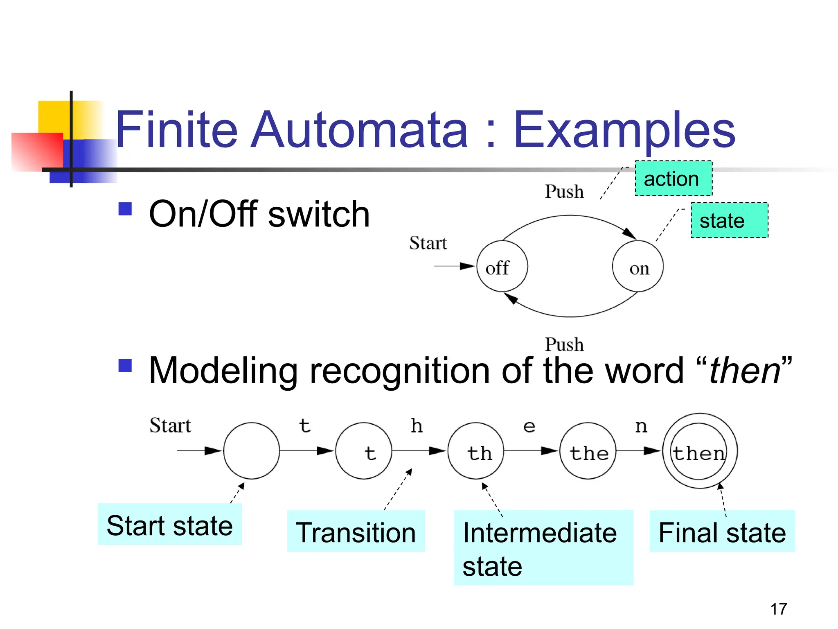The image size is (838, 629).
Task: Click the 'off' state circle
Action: (x=502, y=266)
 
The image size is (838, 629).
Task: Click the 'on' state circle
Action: (x=638, y=266)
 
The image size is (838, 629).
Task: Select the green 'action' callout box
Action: (x=674, y=179)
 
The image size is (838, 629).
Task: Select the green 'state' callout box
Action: (x=729, y=220)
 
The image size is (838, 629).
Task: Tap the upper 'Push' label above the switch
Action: (x=564, y=192)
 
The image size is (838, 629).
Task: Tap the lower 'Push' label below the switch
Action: (x=564, y=344)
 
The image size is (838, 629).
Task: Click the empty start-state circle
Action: (x=251, y=450)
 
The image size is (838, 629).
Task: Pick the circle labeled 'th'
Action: (x=475, y=450)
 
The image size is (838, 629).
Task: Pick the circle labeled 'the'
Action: (x=588, y=450)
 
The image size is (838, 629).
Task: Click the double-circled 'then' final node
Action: (x=699, y=450)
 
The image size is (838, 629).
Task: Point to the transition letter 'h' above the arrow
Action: (x=417, y=426)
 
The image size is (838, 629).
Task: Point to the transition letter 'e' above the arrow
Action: (x=529, y=427)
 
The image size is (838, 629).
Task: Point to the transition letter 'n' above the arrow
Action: (x=641, y=427)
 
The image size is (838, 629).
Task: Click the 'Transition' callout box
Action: (x=356, y=532)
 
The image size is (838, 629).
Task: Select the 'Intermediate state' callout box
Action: (x=543, y=548)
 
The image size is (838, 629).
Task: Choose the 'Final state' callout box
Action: (x=722, y=532)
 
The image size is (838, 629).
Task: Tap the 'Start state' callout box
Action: (x=169, y=525)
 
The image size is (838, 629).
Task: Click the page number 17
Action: (x=778, y=609)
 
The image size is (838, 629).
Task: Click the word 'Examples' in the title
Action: (x=624, y=130)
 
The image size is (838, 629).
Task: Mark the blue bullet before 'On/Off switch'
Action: (x=125, y=209)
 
